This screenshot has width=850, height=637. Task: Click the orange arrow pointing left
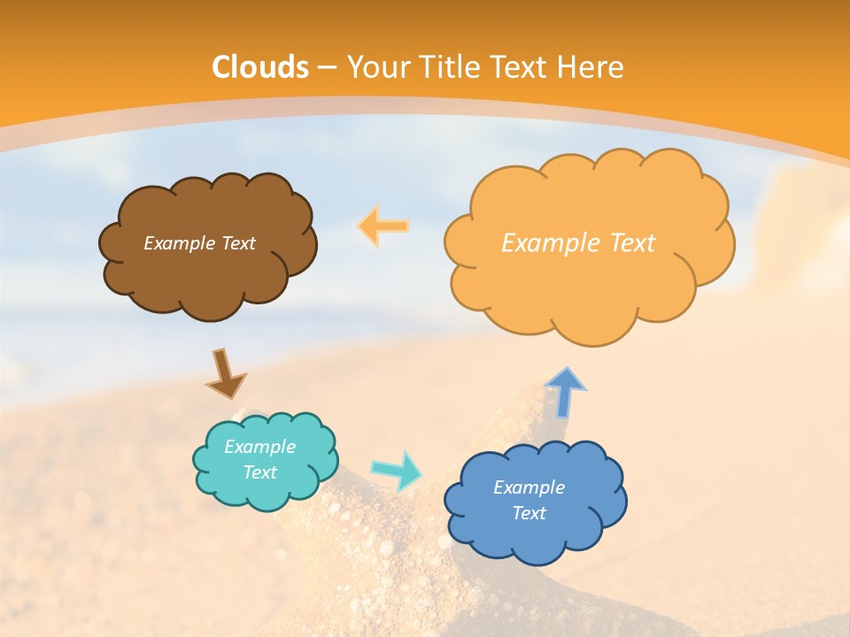coord(382,226)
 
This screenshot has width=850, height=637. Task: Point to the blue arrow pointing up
coord(565,391)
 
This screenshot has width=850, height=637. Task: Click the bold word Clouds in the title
coord(260,67)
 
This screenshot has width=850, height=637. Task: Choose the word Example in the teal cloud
coord(259,447)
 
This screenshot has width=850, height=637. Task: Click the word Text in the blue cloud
coord(529,513)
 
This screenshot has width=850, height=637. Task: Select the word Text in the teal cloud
coord(259,472)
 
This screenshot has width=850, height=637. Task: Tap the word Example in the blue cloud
coord(529,487)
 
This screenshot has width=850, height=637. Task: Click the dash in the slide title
coord(326,67)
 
